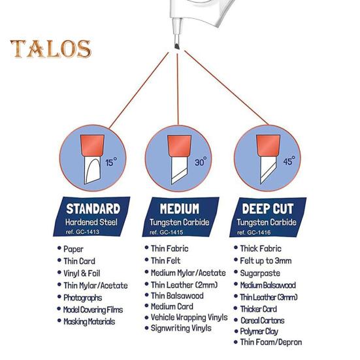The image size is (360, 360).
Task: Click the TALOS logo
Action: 51,49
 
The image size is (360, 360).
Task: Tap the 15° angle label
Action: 111,162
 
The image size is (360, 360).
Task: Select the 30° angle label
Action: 201,161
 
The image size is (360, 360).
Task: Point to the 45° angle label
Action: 289,161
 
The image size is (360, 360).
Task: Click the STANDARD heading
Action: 93,208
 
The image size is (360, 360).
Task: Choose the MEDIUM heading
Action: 180,208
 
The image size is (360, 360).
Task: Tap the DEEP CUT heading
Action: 268,208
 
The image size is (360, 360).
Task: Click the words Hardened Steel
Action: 91,222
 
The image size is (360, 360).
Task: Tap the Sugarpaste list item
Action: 260,273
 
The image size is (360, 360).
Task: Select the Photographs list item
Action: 83,298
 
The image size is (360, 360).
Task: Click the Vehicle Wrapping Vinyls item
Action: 189,318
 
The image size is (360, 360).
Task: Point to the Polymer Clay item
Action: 259,331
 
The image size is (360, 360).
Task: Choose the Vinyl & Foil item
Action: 82,274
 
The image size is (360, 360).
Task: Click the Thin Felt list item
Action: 165,261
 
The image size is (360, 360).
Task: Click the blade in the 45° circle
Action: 267,170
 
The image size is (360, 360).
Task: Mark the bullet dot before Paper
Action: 59,248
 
